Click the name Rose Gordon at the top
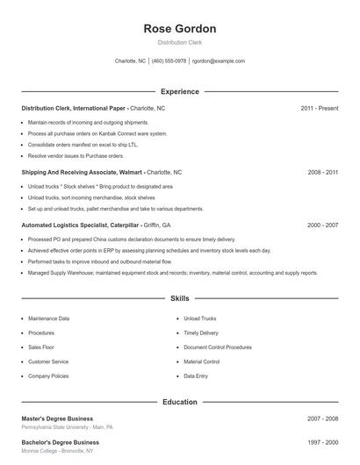[x=180, y=29]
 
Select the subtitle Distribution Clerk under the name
[x=180, y=43]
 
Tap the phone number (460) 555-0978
[x=169, y=61]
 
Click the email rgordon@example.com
[x=219, y=61]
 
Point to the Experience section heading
[x=180, y=91]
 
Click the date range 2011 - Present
[x=320, y=108]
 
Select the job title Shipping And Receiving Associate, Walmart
[x=83, y=173]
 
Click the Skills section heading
[x=180, y=298]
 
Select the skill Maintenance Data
[x=49, y=318]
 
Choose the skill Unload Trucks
[x=200, y=318]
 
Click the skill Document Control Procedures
[x=218, y=347]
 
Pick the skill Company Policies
[x=48, y=376]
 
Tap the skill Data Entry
[x=196, y=376]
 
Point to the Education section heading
[x=180, y=402]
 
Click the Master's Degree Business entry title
[x=57, y=418]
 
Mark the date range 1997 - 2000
[x=323, y=442]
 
